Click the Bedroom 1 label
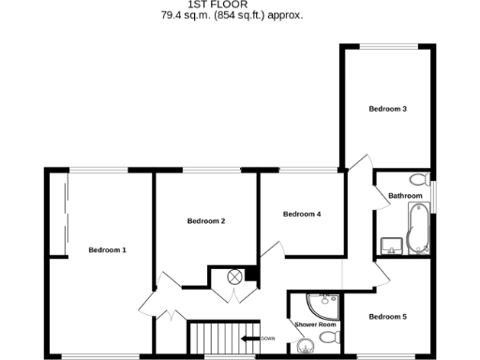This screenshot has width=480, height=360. pyautogui.click(x=107, y=249)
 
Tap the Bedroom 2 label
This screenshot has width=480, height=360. pyautogui.click(x=206, y=221)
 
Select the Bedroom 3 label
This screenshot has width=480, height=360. pyautogui.click(x=387, y=110)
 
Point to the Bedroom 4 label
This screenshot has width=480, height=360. pyautogui.click(x=302, y=214)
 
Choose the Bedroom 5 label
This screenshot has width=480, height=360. pyautogui.click(x=387, y=317)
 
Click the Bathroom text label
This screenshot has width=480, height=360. pyautogui.click(x=405, y=195)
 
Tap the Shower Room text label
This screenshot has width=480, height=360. pyautogui.click(x=315, y=324)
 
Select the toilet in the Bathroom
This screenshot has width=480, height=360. pyautogui.click(x=416, y=179)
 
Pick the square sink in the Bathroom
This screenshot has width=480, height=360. pyautogui.click(x=391, y=246)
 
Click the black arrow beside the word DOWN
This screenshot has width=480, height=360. pyautogui.click(x=249, y=338)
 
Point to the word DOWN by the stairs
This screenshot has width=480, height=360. pyautogui.click(x=267, y=338)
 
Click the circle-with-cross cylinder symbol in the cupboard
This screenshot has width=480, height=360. pyautogui.click(x=236, y=277)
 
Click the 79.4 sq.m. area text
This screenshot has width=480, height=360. pyautogui.click(x=187, y=16)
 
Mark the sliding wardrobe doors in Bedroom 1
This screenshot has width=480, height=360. pyautogui.click(x=66, y=217)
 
